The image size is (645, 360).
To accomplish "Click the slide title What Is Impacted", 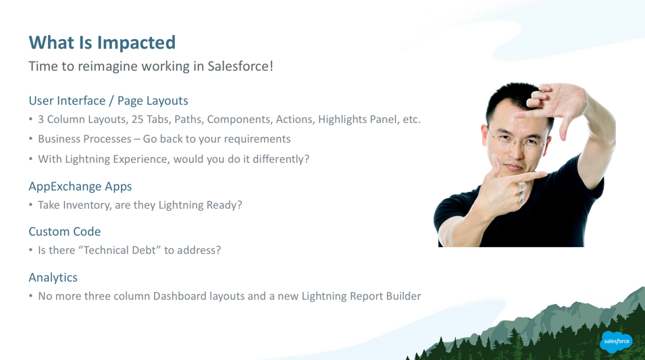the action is (102, 43).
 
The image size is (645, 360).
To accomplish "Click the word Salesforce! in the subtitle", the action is (240, 66).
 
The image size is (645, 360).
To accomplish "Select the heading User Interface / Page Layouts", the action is (108, 101).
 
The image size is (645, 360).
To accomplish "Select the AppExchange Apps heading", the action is (80, 187).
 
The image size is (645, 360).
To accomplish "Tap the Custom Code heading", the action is (65, 232).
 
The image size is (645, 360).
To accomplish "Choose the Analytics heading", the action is (53, 278).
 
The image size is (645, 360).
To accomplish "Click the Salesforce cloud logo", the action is (616, 342).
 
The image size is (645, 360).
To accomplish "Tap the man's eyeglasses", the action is (518, 140).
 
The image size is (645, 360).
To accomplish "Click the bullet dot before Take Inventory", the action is (31, 205).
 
